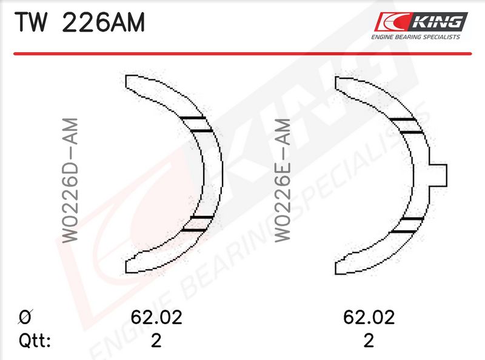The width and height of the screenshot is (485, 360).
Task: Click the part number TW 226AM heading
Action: (x=80, y=22)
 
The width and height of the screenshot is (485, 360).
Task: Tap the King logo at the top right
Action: (x=421, y=22)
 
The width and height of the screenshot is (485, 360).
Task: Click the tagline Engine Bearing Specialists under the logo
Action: (x=416, y=37)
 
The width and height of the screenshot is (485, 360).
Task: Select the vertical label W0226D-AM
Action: (x=70, y=180)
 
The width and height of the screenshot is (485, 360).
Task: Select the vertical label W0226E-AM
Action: (x=283, y=180)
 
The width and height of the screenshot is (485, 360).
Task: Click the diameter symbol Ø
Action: (x=25, y=317)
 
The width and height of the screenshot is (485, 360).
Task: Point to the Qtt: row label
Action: (x=35, y=341)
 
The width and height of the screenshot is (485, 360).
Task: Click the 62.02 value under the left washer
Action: (x=156, y=318)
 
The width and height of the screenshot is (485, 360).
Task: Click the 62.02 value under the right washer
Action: (x=369, y=318)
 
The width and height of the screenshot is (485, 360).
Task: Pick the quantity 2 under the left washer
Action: (x=156, y=341)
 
